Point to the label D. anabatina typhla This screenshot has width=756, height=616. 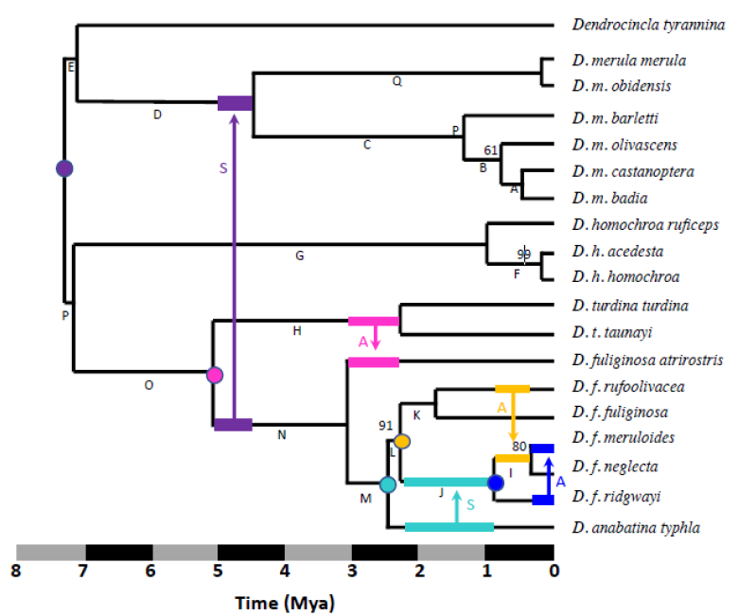[636, 527]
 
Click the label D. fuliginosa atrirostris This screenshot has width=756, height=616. [647, 361]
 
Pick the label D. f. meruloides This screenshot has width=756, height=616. [624, 438]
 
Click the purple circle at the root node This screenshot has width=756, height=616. [64, 168]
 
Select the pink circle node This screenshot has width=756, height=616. [214, 375]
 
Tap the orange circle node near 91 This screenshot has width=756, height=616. [402, 441]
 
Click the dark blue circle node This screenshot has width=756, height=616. [495, 483]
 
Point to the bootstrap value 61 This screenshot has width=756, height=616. [490, 150]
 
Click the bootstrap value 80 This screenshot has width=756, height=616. [519, 446]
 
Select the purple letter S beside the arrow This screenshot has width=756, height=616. [223, 168]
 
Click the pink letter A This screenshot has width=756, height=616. [362, 340]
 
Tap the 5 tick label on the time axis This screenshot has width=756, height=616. [218, 571]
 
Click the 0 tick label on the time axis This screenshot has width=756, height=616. [554, 571]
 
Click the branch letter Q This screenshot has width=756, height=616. [397, 82]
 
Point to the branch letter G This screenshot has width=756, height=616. [300, 255]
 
